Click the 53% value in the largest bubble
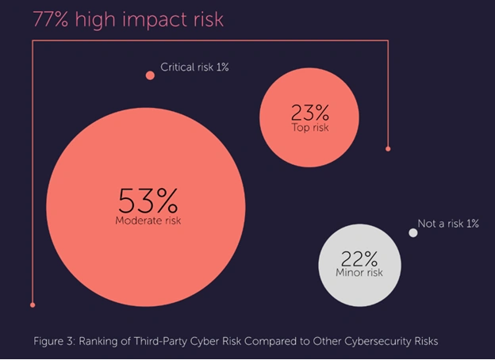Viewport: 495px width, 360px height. click(148, 199)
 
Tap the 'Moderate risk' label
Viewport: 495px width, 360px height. click(148, 220)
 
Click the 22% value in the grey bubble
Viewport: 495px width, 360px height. click(359, 259)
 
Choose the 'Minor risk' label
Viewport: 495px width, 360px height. click(359, 273)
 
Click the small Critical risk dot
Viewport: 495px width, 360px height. click(150, 75)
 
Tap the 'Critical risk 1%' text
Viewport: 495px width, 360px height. click(194, 68)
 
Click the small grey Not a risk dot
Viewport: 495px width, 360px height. click(412, 232)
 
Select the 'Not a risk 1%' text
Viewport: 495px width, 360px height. click(448, 224)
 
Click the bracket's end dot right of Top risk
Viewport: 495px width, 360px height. click(388, 148)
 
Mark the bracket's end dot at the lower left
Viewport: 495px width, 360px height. click(33, 304)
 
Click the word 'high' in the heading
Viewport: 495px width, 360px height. click(98, 20)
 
